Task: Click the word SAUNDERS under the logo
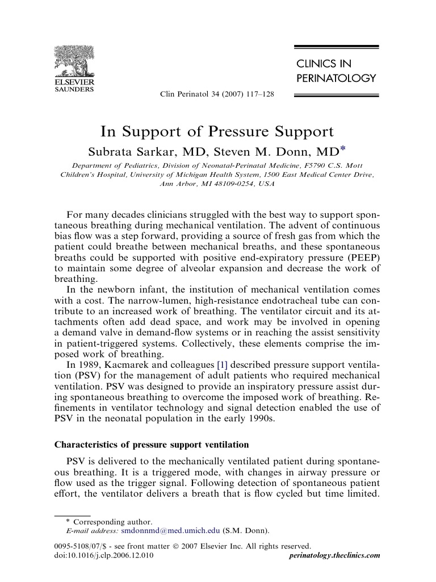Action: click(x=74, y=89)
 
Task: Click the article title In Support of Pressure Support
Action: click(x=217, y=132)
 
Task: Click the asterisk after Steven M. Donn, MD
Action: click(x=342, y=149)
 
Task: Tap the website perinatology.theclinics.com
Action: click(x=334, y=555)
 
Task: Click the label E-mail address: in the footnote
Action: click(x=91, y=531)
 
